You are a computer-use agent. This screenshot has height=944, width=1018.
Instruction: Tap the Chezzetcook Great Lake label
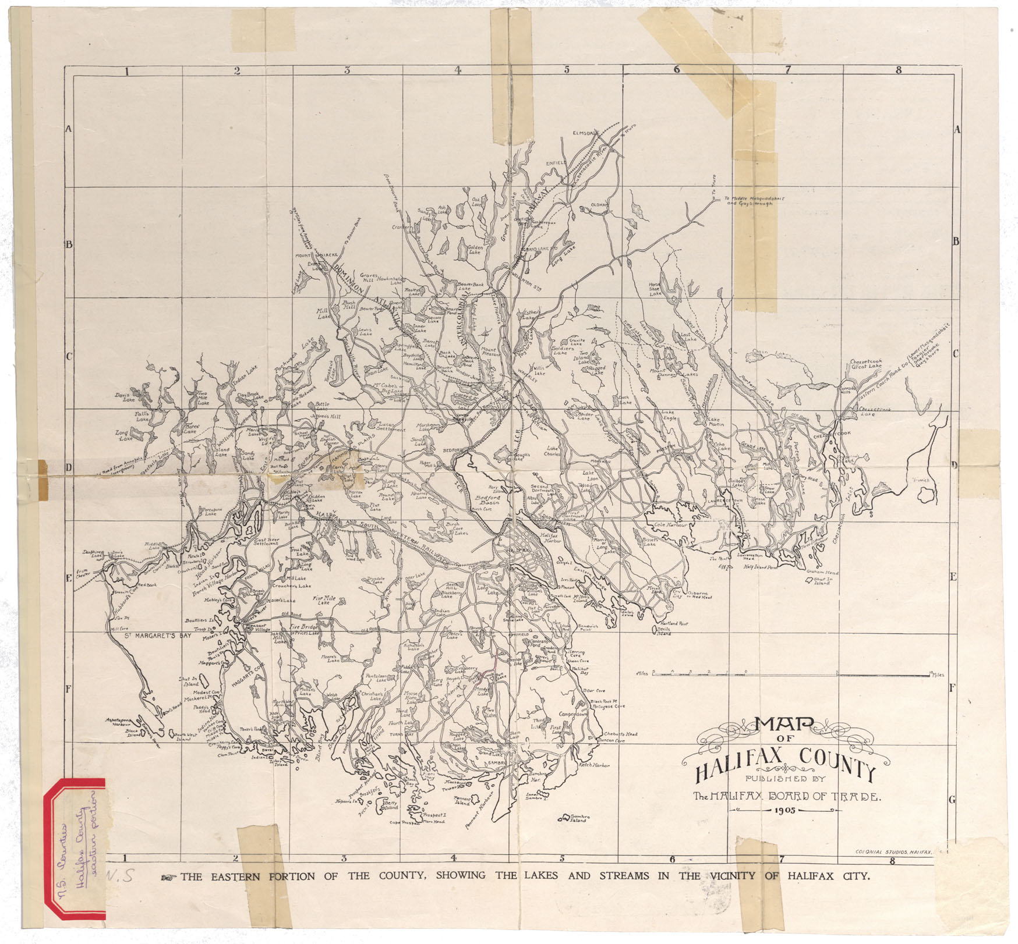tap(866, 364)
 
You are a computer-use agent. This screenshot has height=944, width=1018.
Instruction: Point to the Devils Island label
tap(663, 631)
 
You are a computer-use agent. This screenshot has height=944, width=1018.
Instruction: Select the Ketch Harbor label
tap(594, 765)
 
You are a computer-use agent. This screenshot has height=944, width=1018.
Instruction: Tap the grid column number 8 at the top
tap(898, 70)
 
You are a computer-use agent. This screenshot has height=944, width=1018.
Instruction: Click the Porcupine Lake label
tap(210, 512)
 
